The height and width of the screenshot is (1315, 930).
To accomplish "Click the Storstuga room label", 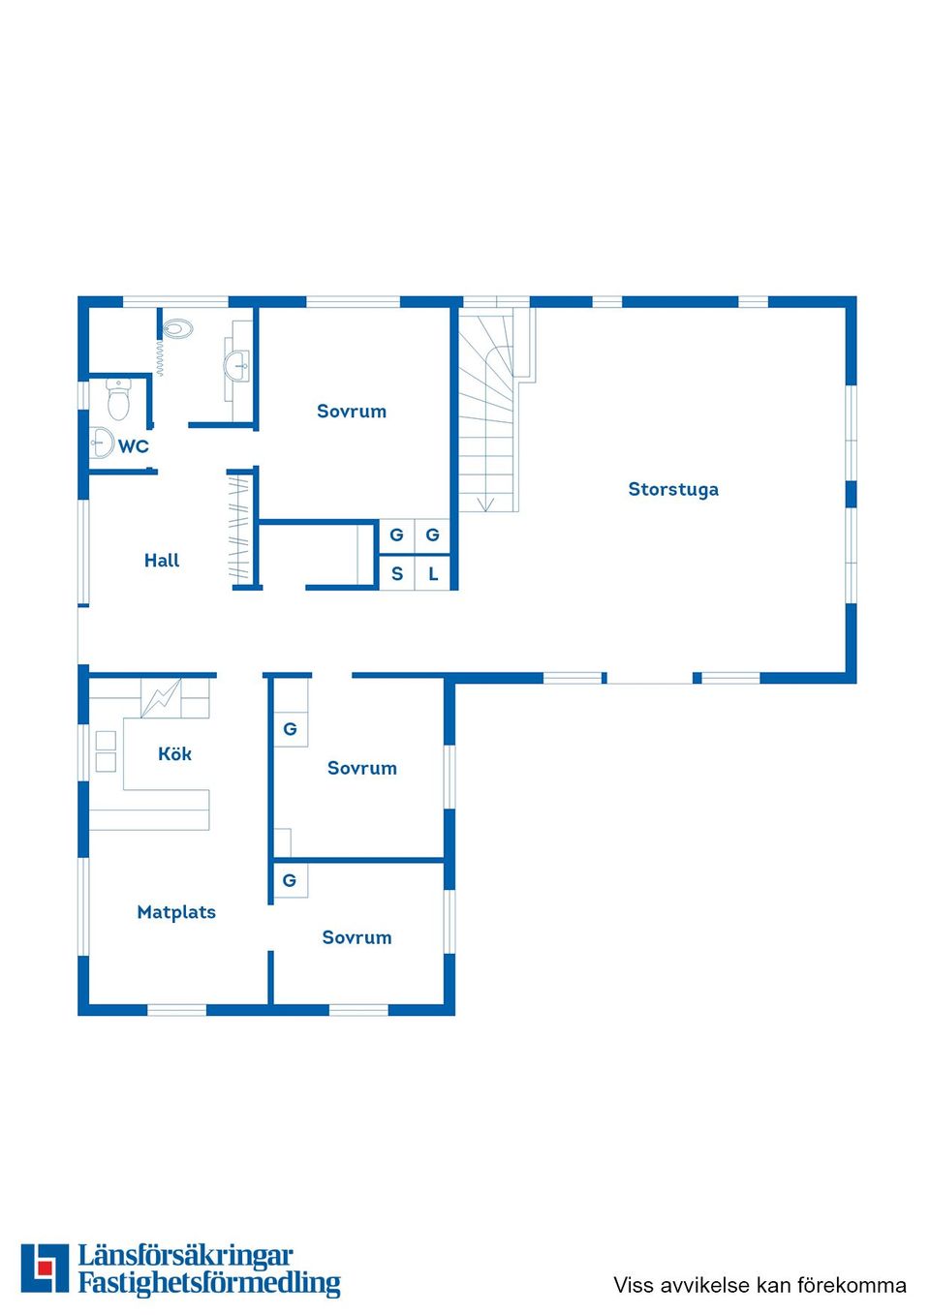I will click(673, 489).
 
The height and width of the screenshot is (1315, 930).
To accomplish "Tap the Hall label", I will click(162, 560).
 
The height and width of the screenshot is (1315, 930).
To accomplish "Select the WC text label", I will click(134, 446).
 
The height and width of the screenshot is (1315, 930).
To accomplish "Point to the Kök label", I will click(174, 753).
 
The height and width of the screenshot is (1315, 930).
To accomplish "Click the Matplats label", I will click(176, 912).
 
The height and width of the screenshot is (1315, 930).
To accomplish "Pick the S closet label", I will click(396, 573).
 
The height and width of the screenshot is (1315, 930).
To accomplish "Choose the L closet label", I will click(433, 573).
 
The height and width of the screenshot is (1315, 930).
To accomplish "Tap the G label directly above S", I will click(396, 535).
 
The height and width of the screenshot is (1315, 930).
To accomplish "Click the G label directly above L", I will click(432, 535).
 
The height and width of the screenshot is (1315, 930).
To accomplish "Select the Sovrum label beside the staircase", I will click(352, 411).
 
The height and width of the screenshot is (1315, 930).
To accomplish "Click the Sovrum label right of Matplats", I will click(356, 937).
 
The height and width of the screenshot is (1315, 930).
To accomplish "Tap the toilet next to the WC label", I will click(118, 399).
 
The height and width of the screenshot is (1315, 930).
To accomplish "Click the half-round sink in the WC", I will click(101, 443).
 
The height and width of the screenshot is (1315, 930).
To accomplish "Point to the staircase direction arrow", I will click(486, 503).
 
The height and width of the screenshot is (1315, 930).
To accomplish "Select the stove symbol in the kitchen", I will click(161, 697).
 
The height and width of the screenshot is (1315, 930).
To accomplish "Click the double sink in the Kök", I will click(106, 751).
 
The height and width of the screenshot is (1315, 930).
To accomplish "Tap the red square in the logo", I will click(45, 1268).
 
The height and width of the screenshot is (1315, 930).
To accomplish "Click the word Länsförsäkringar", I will click(185, 1256).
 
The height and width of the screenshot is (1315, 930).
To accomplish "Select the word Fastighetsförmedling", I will click(209, 1283).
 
